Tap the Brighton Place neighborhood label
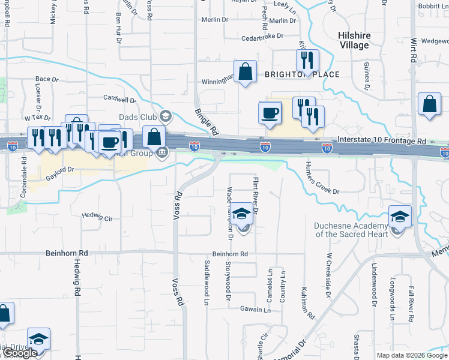[303, 74]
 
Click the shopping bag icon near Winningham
[246, 72]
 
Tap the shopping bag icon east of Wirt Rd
[430, 104]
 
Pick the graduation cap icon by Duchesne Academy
[400, 216]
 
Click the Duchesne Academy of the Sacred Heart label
[352, 230]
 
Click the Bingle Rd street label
[205, 121]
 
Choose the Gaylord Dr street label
[59, 170]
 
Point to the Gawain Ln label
[256, 310]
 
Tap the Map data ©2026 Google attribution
[411, 355]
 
